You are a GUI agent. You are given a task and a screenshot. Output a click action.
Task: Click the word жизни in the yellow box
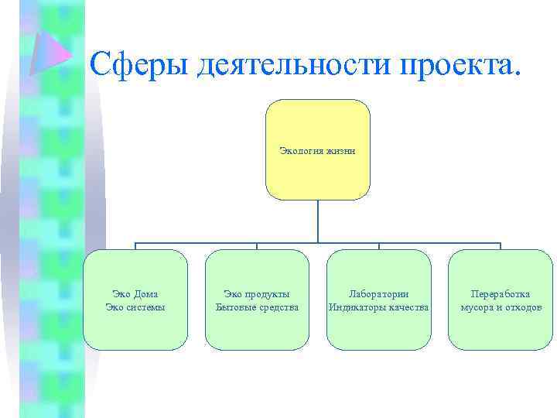[x=341, y=151]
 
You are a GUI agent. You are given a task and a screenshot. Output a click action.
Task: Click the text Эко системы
[x=135, y=307]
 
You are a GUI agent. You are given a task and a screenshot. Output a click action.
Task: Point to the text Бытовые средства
[x=257, y=307]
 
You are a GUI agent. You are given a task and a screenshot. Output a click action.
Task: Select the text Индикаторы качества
[x=378, y=307]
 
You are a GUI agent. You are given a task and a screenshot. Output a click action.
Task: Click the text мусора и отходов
[x=501, y=307]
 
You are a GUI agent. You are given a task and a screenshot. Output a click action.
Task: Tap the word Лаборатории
[x=378, y=294]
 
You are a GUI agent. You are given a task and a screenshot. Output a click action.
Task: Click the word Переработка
[x=501, y=294]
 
